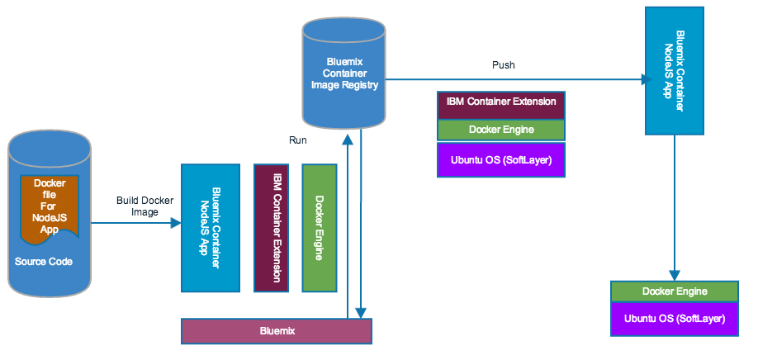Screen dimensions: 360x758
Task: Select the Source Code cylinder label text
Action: (44, 262)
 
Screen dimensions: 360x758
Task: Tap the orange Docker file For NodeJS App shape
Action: (50, 207)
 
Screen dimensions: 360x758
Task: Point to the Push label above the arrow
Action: (504, 64)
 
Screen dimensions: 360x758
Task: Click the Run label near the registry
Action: (298, 140)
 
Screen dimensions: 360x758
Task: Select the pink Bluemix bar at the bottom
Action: (277, 330)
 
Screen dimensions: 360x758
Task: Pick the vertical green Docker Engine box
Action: (320, 228)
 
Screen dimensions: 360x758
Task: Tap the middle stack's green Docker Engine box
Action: (501, 130)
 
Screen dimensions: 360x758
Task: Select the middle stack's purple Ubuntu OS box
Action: (501, 159)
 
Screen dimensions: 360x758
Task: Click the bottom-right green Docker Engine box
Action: (675, 291)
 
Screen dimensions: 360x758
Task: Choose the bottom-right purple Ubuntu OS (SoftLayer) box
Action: (675, 319)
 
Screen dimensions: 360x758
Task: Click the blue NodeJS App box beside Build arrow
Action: (205, 227)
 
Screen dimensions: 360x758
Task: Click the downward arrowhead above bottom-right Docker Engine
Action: (675, 275)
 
